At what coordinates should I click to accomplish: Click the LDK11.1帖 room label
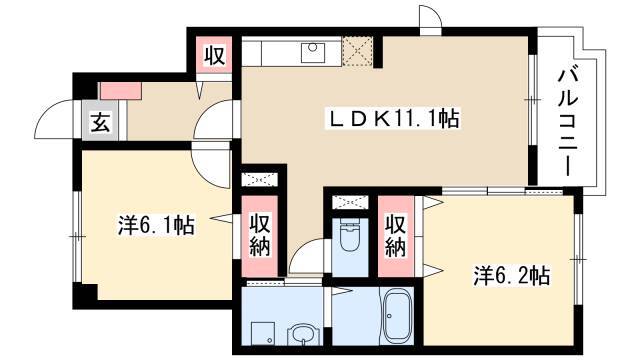coord(392,119)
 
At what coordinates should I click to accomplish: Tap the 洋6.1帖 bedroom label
coord(156,225)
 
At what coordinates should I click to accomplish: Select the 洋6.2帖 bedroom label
coord(511,276)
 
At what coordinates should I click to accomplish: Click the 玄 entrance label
coord(100,122)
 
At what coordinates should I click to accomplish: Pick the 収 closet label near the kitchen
coord(214,55)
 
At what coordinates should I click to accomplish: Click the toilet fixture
coord(349,236)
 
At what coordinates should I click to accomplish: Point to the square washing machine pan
coord(262,333)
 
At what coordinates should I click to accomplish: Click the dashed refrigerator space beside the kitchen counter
coord(357,51)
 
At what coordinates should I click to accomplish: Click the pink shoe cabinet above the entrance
coord(121,91)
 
